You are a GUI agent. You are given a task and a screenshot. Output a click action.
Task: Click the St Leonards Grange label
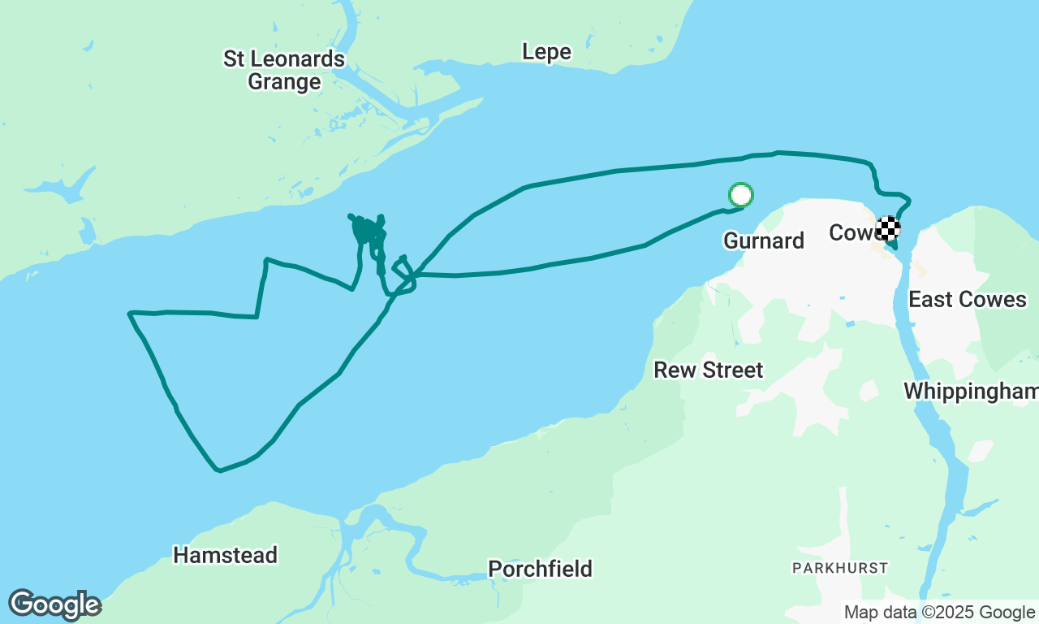pos(284,71)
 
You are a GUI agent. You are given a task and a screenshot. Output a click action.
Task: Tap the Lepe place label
pos(546,52)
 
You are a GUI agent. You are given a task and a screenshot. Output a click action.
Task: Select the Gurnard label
pos(763,240)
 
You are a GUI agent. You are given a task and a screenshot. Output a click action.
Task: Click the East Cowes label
pos(967,299)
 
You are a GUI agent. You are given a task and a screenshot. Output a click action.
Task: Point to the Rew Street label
pos(709,370)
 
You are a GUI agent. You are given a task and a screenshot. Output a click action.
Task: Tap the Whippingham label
pos(971,391)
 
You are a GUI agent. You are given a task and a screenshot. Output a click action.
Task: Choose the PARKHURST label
pos(840,567)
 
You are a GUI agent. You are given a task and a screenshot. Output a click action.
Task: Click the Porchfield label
pos(540,568)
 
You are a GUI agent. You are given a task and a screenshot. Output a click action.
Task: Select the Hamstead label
pos(225,555)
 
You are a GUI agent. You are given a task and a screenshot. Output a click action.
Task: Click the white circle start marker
pos(741,195)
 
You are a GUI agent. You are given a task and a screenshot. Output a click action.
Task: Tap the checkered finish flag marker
pos(887,228)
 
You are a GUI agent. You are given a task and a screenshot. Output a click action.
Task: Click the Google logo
pos(54,605)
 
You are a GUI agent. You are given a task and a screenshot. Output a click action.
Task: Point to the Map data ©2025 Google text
pos(939,613)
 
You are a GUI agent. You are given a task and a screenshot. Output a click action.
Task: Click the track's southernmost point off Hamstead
pos(218,470)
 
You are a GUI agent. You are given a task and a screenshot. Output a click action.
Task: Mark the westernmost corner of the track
pos(130,313)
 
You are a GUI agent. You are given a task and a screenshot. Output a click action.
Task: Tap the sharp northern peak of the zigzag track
pos(266,260)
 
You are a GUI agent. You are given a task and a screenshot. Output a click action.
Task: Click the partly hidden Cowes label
pos(851,233)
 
